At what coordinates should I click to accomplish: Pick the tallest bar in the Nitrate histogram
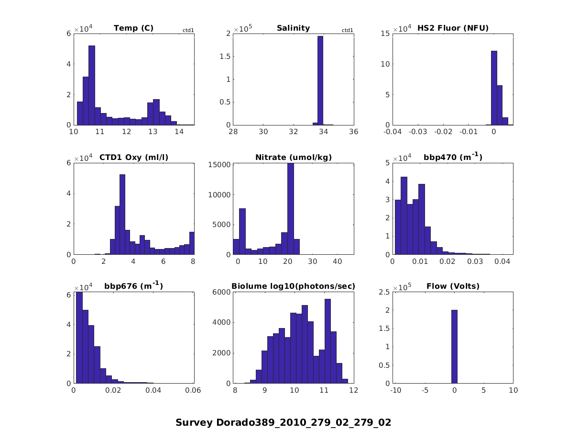pyautogui.click(x=290, y=209)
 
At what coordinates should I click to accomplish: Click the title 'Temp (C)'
pyautogui.click(x=133, y=28)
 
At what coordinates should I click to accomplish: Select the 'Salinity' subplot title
pyautogui.click(x=293, y=28)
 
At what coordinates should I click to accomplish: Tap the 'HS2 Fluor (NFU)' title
pyautogui.click(x=453, y=28)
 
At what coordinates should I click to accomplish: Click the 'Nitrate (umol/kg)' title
pyautogui.click(x=293, y=157)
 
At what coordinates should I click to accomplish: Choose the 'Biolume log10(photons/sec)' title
pyautogui.click(x=293, y=286)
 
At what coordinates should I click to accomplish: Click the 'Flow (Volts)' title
pyautogui.click(x=453, y=286)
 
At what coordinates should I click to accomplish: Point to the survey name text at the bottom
pyautogui.click(x=284, y=422)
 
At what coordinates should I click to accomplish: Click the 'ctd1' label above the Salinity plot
pyautogui.click(x=348, y=31)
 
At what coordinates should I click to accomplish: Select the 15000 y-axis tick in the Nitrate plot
pyautogui.click(x=219, y=164)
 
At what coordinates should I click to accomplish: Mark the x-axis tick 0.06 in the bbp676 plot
pyautogui.click(x=194, y=390)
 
